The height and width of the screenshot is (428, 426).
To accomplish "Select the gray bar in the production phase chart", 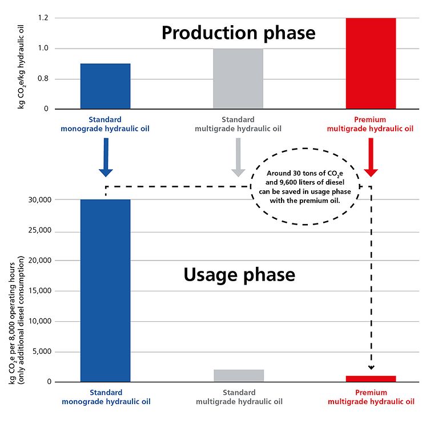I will (x=238, y=78).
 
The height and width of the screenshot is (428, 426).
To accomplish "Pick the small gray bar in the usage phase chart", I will (x=238, y=375).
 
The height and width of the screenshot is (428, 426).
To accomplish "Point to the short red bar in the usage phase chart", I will (x=371, y=378).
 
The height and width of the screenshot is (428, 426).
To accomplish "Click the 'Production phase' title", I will (x=238, y=33).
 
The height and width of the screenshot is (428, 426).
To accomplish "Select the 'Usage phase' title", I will (x=239, y=275).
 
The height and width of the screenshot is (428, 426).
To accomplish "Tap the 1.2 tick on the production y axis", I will (x=42, y=18).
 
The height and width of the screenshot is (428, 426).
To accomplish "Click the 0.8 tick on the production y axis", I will (x=42, y=79).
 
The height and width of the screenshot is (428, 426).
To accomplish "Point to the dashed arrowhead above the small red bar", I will (x=371, y=367).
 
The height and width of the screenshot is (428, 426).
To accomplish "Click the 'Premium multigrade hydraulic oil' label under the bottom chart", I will (x=371, y=397).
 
